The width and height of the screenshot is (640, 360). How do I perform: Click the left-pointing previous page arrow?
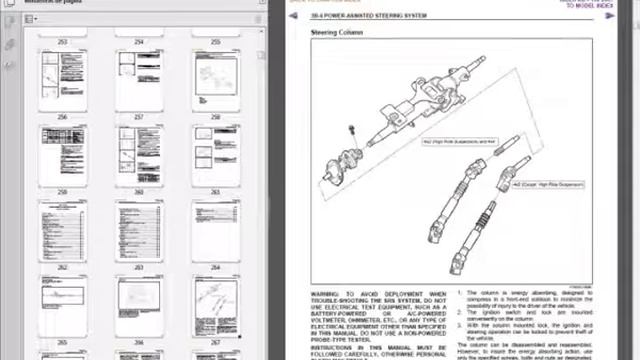coord(293,16)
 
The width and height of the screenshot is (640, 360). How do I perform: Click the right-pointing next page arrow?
coord(611,16)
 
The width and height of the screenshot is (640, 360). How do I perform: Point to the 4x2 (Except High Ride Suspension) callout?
coord(549,184)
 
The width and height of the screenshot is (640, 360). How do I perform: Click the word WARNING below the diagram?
coord(326,293)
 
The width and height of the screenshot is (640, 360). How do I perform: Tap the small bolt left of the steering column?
coord(351,131)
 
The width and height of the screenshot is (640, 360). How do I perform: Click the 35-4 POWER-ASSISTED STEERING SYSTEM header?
coord(360,16)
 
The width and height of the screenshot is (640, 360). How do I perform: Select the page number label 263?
coord(138,267)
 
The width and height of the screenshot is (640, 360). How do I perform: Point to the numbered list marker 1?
coord(460,293)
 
